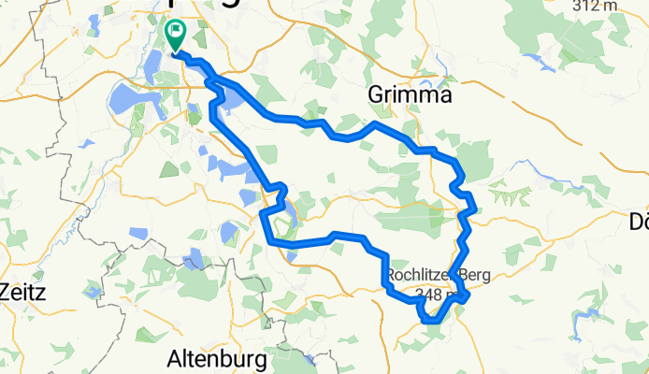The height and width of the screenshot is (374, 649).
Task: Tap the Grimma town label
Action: click(x=410, y=95)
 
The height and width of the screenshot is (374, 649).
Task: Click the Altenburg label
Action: click(x=217, y=358)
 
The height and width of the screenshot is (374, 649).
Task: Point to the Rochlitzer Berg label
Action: click(x=439, y=275)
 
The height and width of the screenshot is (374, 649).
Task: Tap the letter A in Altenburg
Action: click(x=174, y=358)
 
